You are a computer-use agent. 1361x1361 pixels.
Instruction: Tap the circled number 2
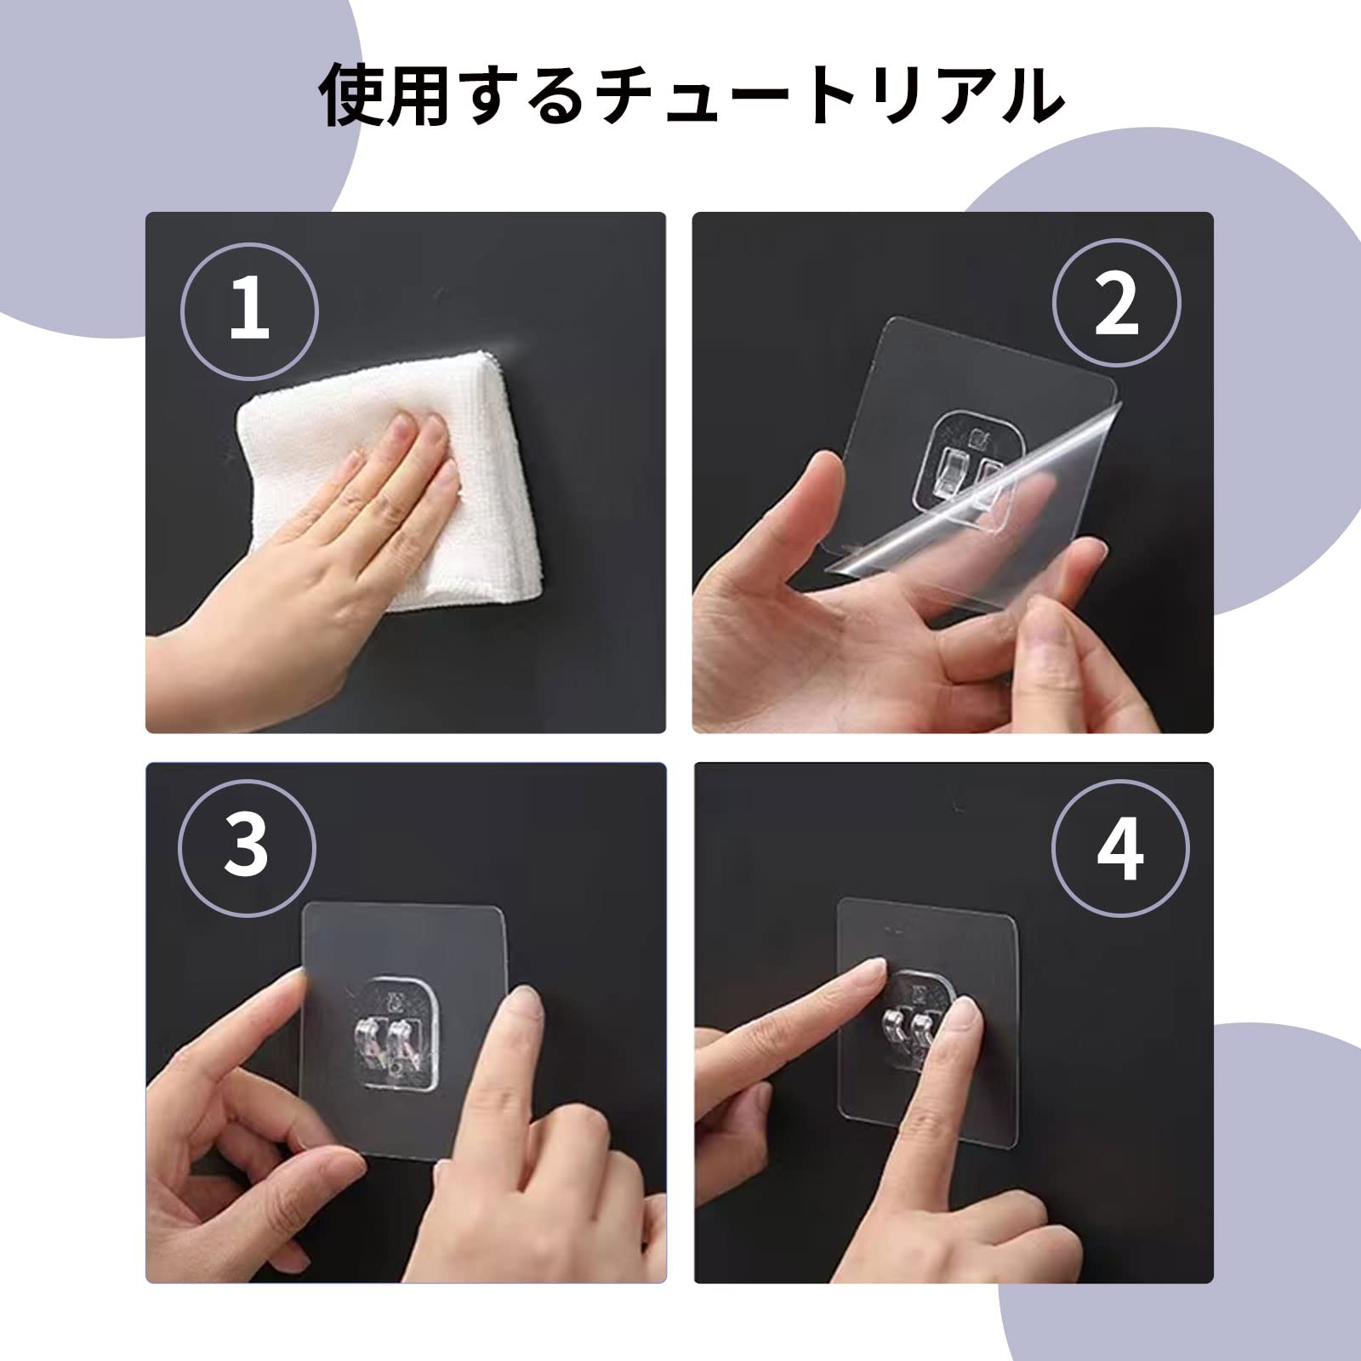coord(1117,304)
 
